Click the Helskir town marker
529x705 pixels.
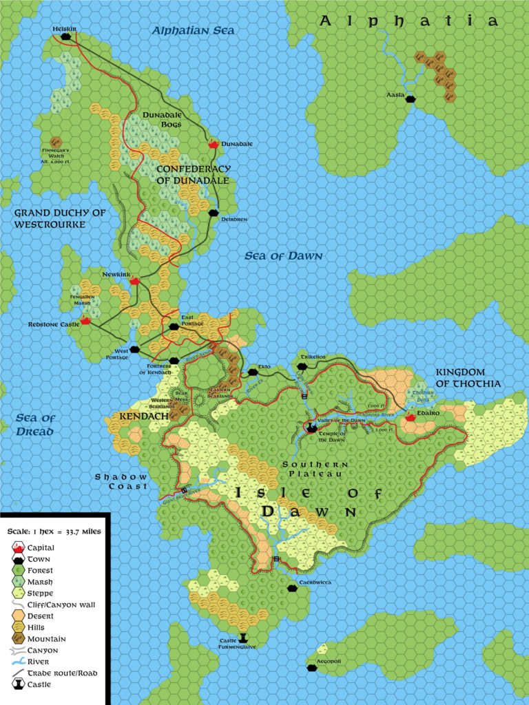coord(66,37)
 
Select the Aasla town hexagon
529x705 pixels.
coord(411,99)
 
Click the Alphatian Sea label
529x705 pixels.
coord(193,31)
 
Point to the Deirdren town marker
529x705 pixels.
coord(214,213)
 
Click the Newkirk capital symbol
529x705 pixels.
coord(135,281)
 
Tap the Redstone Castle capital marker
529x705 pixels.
coord(85,320)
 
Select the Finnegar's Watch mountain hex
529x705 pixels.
coord(56,142)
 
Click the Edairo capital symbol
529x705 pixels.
coord(411,417)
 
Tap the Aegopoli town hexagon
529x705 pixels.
coord(311,666)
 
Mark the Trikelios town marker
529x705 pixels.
coord(301,366)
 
